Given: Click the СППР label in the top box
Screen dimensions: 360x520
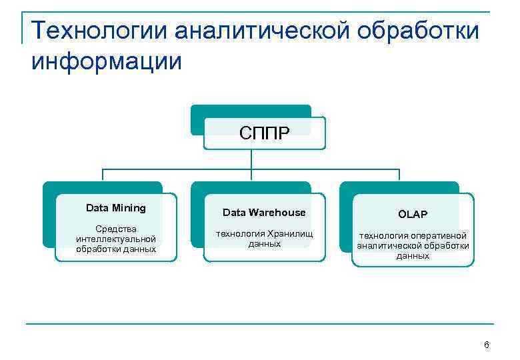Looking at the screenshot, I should pyautogui.click(x=264, y=134).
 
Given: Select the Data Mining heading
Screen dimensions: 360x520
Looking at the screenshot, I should pyautogui.click(x=115, y=208).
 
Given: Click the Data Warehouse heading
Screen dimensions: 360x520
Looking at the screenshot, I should pyautogui.click(x=264, y=213).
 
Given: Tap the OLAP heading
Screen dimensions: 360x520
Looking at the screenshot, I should pyautogui.click(x=413, y=214).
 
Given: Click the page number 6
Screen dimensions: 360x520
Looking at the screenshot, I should pyautogui.click(x=486, y=345).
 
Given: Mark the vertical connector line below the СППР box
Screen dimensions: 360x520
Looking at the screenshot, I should pyautogui.click(x=251, y=159).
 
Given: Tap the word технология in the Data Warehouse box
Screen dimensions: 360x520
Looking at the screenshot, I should pyautogui.click(x=239, y=233).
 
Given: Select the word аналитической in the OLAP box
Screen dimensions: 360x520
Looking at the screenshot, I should pyautogui.click(x=389, y=245).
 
